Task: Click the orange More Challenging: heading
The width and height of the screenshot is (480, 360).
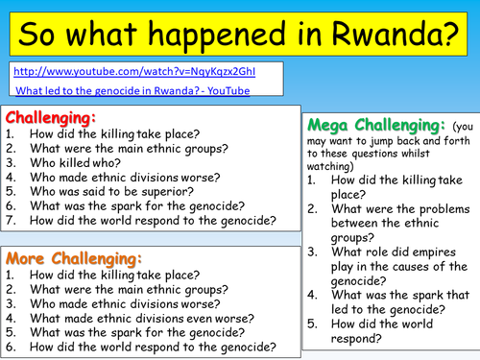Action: [74, 259]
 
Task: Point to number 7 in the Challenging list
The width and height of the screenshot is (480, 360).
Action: [9, 220]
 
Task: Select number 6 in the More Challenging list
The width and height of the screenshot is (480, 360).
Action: [9, 347]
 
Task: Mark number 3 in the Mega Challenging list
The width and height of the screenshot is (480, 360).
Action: [313, 252]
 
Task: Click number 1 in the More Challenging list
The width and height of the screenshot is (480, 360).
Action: [9, 275]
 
